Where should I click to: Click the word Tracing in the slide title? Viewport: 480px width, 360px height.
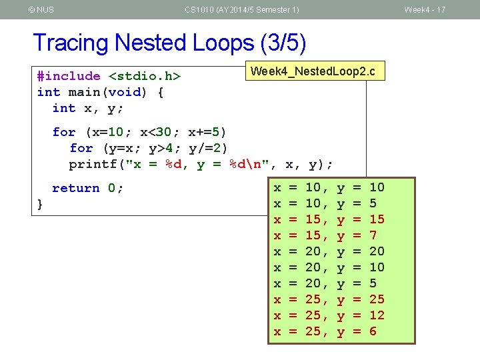coord(71,43)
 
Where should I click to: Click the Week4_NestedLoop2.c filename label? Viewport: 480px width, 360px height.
coord(315,71)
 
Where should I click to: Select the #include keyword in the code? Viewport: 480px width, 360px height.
coord(69,77)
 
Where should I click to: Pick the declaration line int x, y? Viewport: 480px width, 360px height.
coord(88,108)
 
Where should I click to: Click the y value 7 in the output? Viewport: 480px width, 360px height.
coord(373,235)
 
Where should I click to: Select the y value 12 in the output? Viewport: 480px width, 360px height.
coord(377,315)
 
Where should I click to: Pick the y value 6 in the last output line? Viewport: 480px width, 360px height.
coord(373,331)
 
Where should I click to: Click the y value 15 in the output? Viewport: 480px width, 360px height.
coord(377,219)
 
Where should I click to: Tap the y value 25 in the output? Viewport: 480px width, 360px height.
coord(377,299)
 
